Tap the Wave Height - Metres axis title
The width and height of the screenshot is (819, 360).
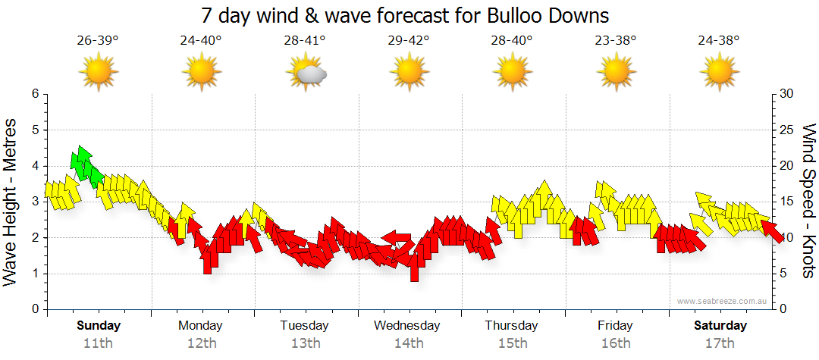(x=11, y=202)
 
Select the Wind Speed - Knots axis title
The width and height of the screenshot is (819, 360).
(x=808, y=202)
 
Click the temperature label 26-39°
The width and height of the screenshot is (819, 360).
(x=98, y=41)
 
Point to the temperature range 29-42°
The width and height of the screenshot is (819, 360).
(x=409, y=41)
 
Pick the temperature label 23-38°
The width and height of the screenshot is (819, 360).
(x=616, y=41)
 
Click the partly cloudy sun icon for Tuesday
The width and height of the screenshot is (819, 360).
(x=306, y=74)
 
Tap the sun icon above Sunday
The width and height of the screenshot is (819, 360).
(x=99, y=74)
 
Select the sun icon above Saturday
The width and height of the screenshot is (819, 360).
(x=719, y=74)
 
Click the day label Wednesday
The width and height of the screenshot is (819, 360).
(x=407, y=326)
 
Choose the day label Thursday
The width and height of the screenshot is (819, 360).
(x=512, y=326)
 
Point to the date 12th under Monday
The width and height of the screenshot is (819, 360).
(x=201, y=343)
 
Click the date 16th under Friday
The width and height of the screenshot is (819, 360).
(x=615, y=343)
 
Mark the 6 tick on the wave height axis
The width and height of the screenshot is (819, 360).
(x=34, y=94)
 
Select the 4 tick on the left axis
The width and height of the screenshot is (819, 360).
(x=34, y=166)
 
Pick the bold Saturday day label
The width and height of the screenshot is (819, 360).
(x=720, y=326)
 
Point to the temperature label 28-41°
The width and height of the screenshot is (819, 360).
(x=305, y=41)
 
